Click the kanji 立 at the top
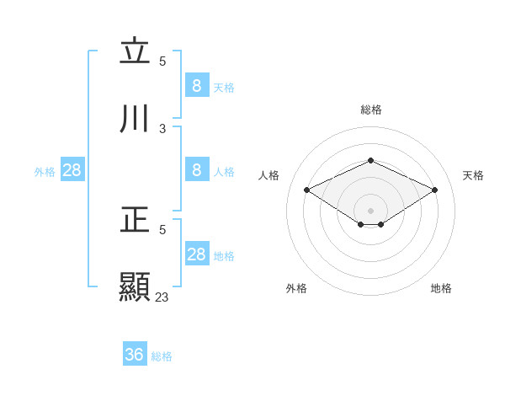click(135, 52)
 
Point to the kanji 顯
click(135, 286)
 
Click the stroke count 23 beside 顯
click(162, 297)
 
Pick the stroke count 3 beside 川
click(162, 129)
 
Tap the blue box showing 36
click(135, 355)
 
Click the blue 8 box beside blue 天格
click(196, 85)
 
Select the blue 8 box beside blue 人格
click(196, 170)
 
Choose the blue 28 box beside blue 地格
click(196, 254)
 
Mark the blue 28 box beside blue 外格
click(72, 170)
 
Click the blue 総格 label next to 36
click(162, 356)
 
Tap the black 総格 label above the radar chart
click(370, 110)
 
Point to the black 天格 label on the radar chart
click(473, 175)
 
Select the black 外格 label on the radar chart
click(295, 288)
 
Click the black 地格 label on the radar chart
click(441, 288)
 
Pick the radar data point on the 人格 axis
click(307, 190)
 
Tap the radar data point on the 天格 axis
click(434, 190)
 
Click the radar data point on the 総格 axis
click(370, 160)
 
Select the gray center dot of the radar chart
click(370, 210)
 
